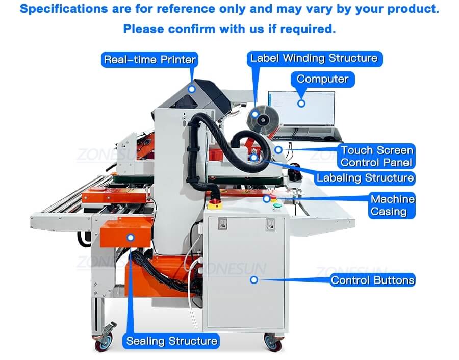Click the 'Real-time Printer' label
pos(149,60)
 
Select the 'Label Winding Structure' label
pos(314,58)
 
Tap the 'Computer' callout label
pos(322,79)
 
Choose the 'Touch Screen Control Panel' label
pos(377,157)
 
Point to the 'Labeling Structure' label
pos(365,178)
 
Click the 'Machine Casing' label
pos(392,205)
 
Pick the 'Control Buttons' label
pos(372,280)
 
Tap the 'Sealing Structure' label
pos(172,341)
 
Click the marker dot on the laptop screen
pos(301,103)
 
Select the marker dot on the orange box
pos(131,237)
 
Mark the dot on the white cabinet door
pos(253,279)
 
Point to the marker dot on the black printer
pos(191,89)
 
